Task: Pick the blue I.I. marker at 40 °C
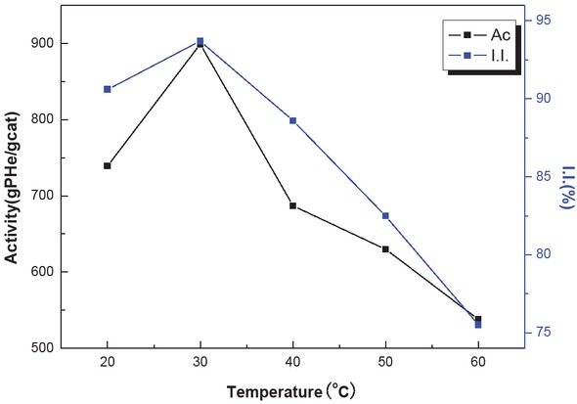[x=292, y=120]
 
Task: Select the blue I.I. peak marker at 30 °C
[x=200, y=41]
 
